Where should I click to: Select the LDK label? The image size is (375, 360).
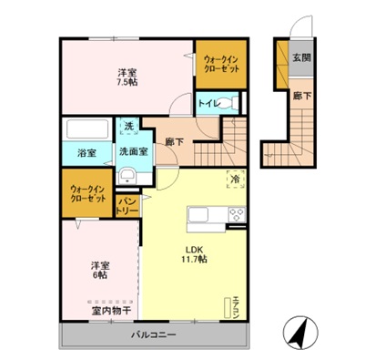tap(195, 247)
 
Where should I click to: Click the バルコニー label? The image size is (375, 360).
tap(152, 335)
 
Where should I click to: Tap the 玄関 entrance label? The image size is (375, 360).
tap(300, 57)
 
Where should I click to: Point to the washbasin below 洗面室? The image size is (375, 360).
tap(129, 175)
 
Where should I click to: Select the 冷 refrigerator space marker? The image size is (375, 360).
tap(236, 179)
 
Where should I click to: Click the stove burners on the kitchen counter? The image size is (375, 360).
tap(236, 217)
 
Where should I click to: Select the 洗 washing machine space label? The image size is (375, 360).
tap(128, 127)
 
